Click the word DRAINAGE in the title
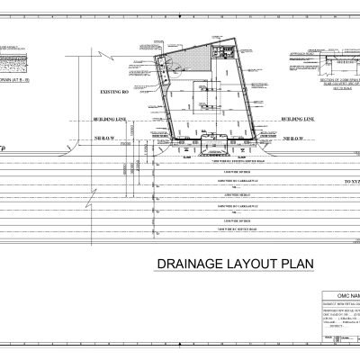[x=184, y=263]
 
